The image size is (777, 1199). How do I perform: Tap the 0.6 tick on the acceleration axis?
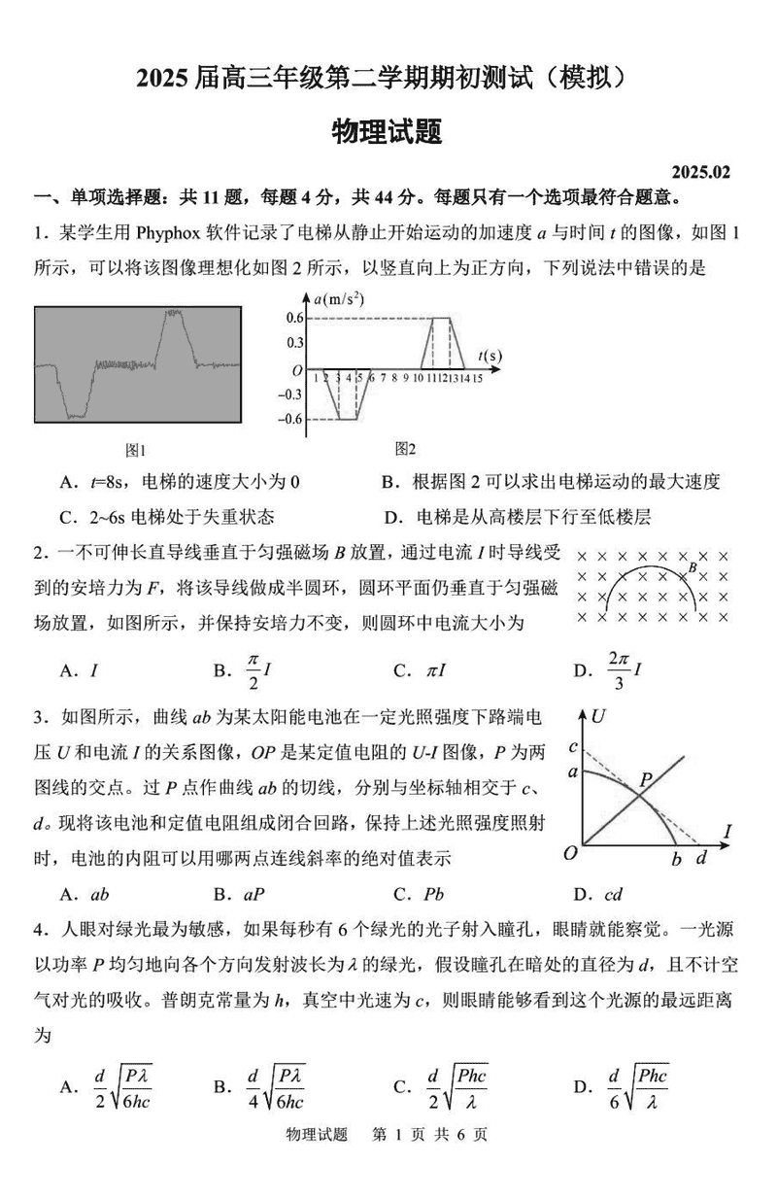(x=295, y=319)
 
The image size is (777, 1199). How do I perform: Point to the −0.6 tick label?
(x=291, y=419)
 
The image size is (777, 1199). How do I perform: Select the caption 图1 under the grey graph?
(x=135, y=450)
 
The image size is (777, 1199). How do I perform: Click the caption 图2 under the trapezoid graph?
(x=405, y=448)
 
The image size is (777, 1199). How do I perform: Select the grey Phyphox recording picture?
(x=137, y=365)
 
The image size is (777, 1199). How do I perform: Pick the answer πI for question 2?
(x=432, y=670)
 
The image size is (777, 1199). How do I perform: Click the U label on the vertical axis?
(x=600, y=718)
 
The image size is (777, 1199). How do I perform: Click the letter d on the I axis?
(x=700, y=858)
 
